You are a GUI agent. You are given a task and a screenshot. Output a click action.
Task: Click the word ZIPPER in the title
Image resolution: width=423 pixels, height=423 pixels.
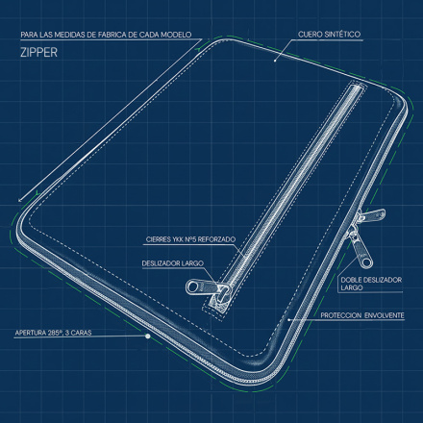(x=38, y=52)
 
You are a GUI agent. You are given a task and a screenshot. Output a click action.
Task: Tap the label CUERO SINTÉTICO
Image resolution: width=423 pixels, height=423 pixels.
(x=330, y=35)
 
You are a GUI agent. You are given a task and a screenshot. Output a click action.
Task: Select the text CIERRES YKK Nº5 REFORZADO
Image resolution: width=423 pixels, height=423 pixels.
(x=190, y=239)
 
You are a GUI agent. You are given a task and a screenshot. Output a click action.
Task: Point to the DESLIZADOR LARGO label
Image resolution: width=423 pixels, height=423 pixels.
(x=173, y=263)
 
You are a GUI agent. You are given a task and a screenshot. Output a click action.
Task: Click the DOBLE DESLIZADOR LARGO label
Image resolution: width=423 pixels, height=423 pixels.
(x=371, y=284)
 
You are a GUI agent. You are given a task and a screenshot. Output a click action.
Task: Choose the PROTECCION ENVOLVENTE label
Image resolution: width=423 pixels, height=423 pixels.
(x=362, y=315)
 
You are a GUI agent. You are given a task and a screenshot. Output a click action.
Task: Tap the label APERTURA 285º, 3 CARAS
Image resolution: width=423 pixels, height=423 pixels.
(x=53, y=333)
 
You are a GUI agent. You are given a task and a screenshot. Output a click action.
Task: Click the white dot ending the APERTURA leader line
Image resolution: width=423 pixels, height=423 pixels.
(x=148, y=336)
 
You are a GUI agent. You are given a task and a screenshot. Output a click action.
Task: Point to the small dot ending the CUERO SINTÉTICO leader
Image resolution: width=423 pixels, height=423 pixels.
(x=275, y=60)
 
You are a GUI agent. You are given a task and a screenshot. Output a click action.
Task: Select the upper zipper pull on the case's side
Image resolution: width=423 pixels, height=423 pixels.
(x=372, y=214)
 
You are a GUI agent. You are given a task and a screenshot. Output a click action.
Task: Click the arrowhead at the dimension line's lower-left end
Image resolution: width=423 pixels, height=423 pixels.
(x=20, y=200)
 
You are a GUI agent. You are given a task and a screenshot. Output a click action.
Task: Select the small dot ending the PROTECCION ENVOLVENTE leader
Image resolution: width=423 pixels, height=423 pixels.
(x=288, y=319)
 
